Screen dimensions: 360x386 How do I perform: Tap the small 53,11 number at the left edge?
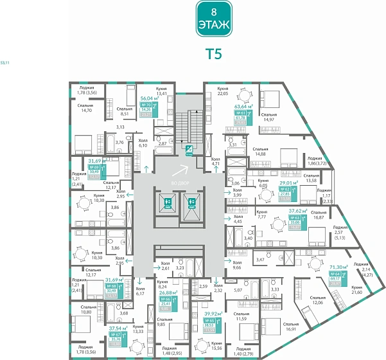[6, 63]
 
